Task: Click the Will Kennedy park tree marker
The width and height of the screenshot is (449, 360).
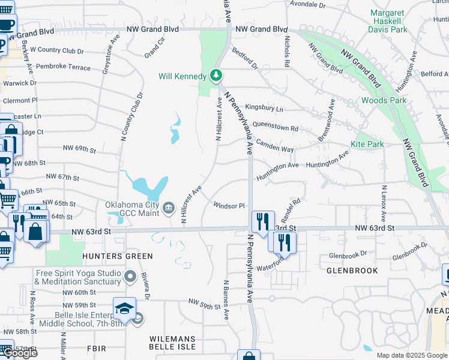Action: click(216, 76)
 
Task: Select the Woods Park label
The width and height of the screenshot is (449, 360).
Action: click(384, 100)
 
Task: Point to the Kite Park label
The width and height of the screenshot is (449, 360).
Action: click(367, 144)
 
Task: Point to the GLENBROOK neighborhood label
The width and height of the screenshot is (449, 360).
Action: click(352, 271)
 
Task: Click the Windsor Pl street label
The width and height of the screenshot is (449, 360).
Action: click(229, 206)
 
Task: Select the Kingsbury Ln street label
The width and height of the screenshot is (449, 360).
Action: click(264, 109)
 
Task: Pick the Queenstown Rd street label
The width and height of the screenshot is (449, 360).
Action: click(276, 128)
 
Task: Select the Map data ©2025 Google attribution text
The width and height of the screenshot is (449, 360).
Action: click(411, 355)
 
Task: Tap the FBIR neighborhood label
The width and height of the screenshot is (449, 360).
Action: click(96, 348)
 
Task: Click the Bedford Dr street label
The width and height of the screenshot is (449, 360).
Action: click(245, 58)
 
